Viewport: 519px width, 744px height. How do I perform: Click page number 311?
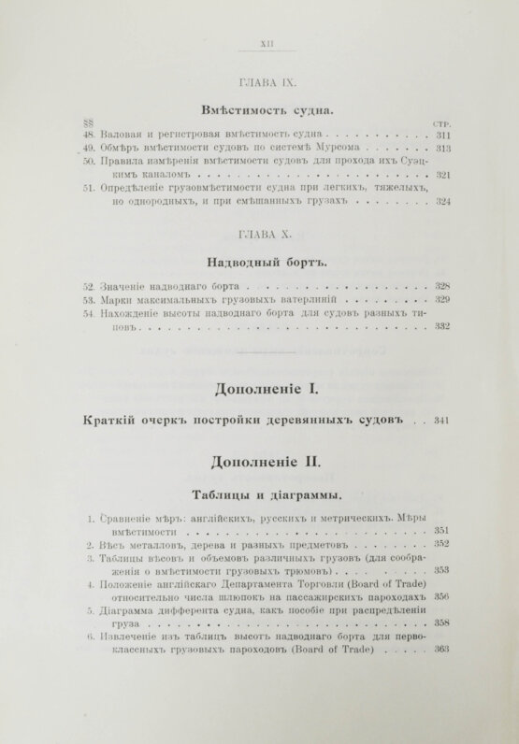(x=442, y=135)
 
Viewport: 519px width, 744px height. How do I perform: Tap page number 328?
(x=442, y=285)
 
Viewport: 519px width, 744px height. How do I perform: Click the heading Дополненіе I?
(x=258, y=386)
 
